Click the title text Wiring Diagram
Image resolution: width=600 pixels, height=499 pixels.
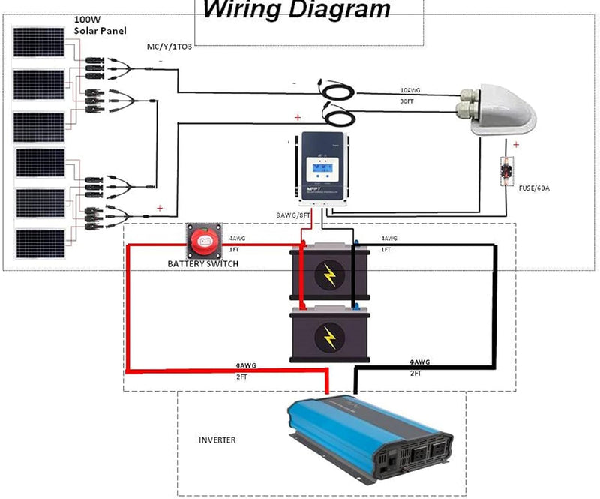(297, 10)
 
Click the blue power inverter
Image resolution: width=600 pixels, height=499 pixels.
(371, 440)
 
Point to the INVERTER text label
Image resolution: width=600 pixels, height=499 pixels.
(217, 440)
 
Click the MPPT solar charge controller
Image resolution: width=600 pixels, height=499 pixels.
(323, 170)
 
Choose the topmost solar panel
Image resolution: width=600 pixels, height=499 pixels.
(42, 44)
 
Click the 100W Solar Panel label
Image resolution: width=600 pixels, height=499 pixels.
(100, 24)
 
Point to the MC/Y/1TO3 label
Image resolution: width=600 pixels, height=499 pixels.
(169, 47)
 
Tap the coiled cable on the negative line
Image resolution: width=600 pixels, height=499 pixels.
(339, 88)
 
